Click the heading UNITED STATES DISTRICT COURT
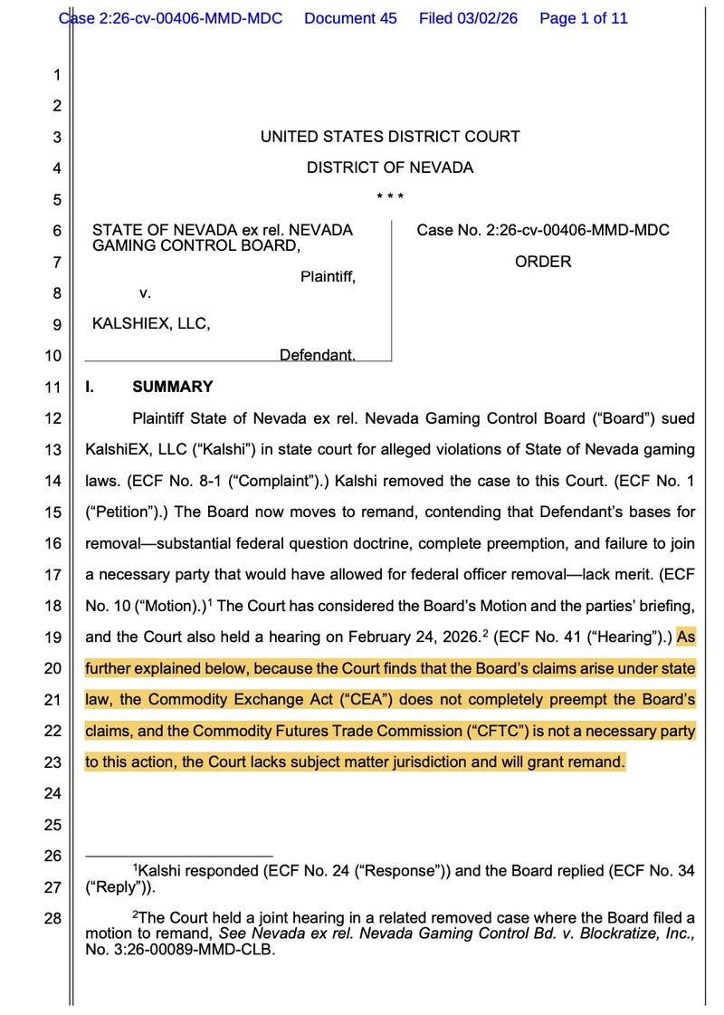389,137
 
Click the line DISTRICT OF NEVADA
389,168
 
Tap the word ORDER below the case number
543,262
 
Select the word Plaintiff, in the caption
328,277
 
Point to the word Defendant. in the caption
317,355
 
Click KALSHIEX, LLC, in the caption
151,323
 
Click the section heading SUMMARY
173,387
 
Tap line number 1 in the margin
56,75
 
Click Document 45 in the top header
350,18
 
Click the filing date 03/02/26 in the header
488,18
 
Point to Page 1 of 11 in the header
583,18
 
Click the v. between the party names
145,292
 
